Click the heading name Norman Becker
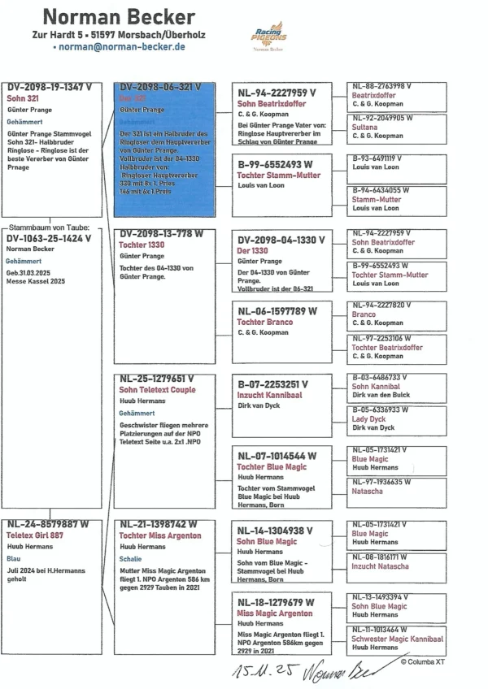pos(118,16)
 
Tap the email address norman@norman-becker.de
pos(119,47)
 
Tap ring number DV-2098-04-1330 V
pos(281,240)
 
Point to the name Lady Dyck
pos(368,418)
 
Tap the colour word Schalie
pos(130,559)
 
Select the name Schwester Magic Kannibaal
pos(397,638)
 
